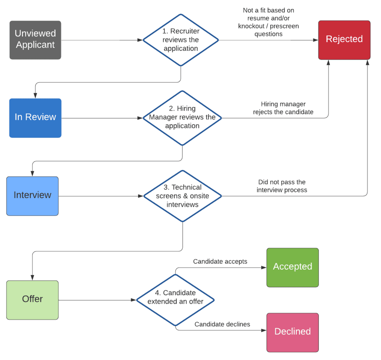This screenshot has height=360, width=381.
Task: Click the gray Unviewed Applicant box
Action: click(x=35, y=40)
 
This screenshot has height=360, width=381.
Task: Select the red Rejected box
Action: click(x=344, y=40)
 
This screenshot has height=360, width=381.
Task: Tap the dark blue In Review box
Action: click(x=35, y=118)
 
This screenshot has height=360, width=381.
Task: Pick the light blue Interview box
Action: click(x=32, y=196)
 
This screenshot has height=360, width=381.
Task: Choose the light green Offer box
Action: click(x=32, y=300)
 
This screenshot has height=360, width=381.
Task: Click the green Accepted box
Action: click(x=292, y=267)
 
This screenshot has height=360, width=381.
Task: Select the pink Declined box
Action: click(x=292, y=332)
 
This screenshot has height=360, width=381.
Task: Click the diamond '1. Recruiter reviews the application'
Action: click(x=181, y=40)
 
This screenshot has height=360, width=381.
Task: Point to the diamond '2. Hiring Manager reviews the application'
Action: click(x=182, y=118)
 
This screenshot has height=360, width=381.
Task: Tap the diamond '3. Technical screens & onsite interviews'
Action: click(x=182, y=196)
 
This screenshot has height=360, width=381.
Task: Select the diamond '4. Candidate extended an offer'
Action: click(x=175, y=300)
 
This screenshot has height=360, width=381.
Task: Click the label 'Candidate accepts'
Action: click(x=220, y=262)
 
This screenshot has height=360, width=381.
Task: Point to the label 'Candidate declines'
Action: click(x=222, y=324)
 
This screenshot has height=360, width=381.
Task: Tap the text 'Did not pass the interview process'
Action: click(x=282, y=186)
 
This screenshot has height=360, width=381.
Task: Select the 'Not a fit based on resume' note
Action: click(x=268, y=22)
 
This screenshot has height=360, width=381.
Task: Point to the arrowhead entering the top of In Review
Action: click(x=35, y=96)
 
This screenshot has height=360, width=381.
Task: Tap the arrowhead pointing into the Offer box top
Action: click(x=32, y=278)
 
